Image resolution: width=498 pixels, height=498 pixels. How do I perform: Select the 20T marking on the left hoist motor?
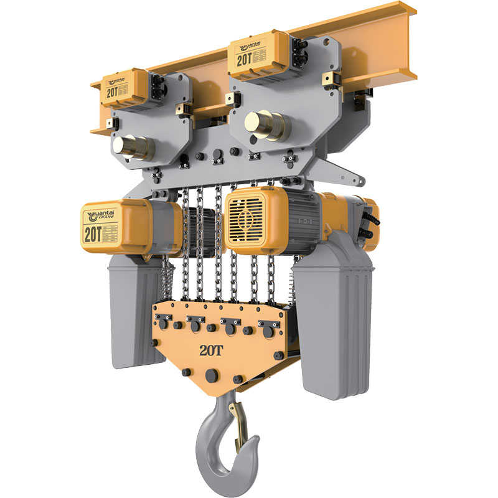[93, 234]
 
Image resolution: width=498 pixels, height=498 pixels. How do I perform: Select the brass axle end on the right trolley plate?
[265, 125]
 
